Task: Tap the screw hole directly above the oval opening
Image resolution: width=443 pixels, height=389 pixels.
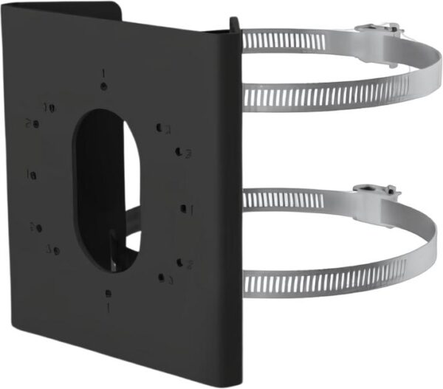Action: point(105,87)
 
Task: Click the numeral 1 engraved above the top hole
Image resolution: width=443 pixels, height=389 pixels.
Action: point(103,73)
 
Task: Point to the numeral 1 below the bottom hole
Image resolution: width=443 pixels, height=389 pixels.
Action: point(109,305)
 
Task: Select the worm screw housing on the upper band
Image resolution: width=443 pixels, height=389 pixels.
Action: point(380,32)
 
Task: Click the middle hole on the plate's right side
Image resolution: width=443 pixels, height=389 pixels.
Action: point(182,209)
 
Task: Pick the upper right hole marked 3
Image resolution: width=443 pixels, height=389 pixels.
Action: point(179,151)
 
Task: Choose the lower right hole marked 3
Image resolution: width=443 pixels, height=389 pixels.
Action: point(161,278)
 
